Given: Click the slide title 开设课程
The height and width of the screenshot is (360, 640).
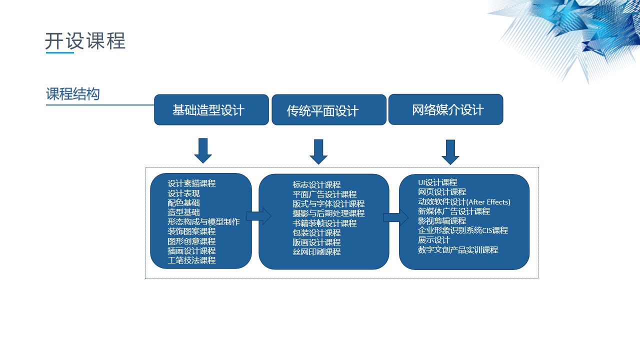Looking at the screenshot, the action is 85,41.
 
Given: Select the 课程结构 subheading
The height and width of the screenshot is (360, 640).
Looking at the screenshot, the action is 73,93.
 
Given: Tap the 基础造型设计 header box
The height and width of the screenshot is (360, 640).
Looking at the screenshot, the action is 211,109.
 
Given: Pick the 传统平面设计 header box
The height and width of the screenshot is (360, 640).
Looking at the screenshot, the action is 329,109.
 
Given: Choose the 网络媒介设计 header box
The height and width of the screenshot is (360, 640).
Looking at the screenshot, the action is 445,109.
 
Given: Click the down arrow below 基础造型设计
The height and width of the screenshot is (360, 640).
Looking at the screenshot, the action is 203,150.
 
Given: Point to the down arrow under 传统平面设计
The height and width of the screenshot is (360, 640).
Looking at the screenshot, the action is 318,151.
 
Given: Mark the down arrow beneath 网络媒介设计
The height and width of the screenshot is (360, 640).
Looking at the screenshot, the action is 450,152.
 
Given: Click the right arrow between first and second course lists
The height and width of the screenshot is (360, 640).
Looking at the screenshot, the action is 259,216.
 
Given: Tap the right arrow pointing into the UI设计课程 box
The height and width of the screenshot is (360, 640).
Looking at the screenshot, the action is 396,217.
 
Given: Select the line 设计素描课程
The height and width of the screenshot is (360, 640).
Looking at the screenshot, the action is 191,183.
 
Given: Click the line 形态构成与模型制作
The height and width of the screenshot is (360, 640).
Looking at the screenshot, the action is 203,221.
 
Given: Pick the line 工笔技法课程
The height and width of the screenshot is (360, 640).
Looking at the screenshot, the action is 191,260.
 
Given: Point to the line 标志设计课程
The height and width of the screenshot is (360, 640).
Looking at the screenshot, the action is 316,185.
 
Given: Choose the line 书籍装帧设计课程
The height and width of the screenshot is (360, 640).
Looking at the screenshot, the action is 324,223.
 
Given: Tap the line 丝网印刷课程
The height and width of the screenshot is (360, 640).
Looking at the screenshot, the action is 316,251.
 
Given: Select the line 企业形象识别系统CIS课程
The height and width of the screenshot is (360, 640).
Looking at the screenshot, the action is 463,230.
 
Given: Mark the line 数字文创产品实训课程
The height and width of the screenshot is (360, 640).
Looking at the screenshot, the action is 458,249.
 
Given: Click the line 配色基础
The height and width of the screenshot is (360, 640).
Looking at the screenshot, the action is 183,203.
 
